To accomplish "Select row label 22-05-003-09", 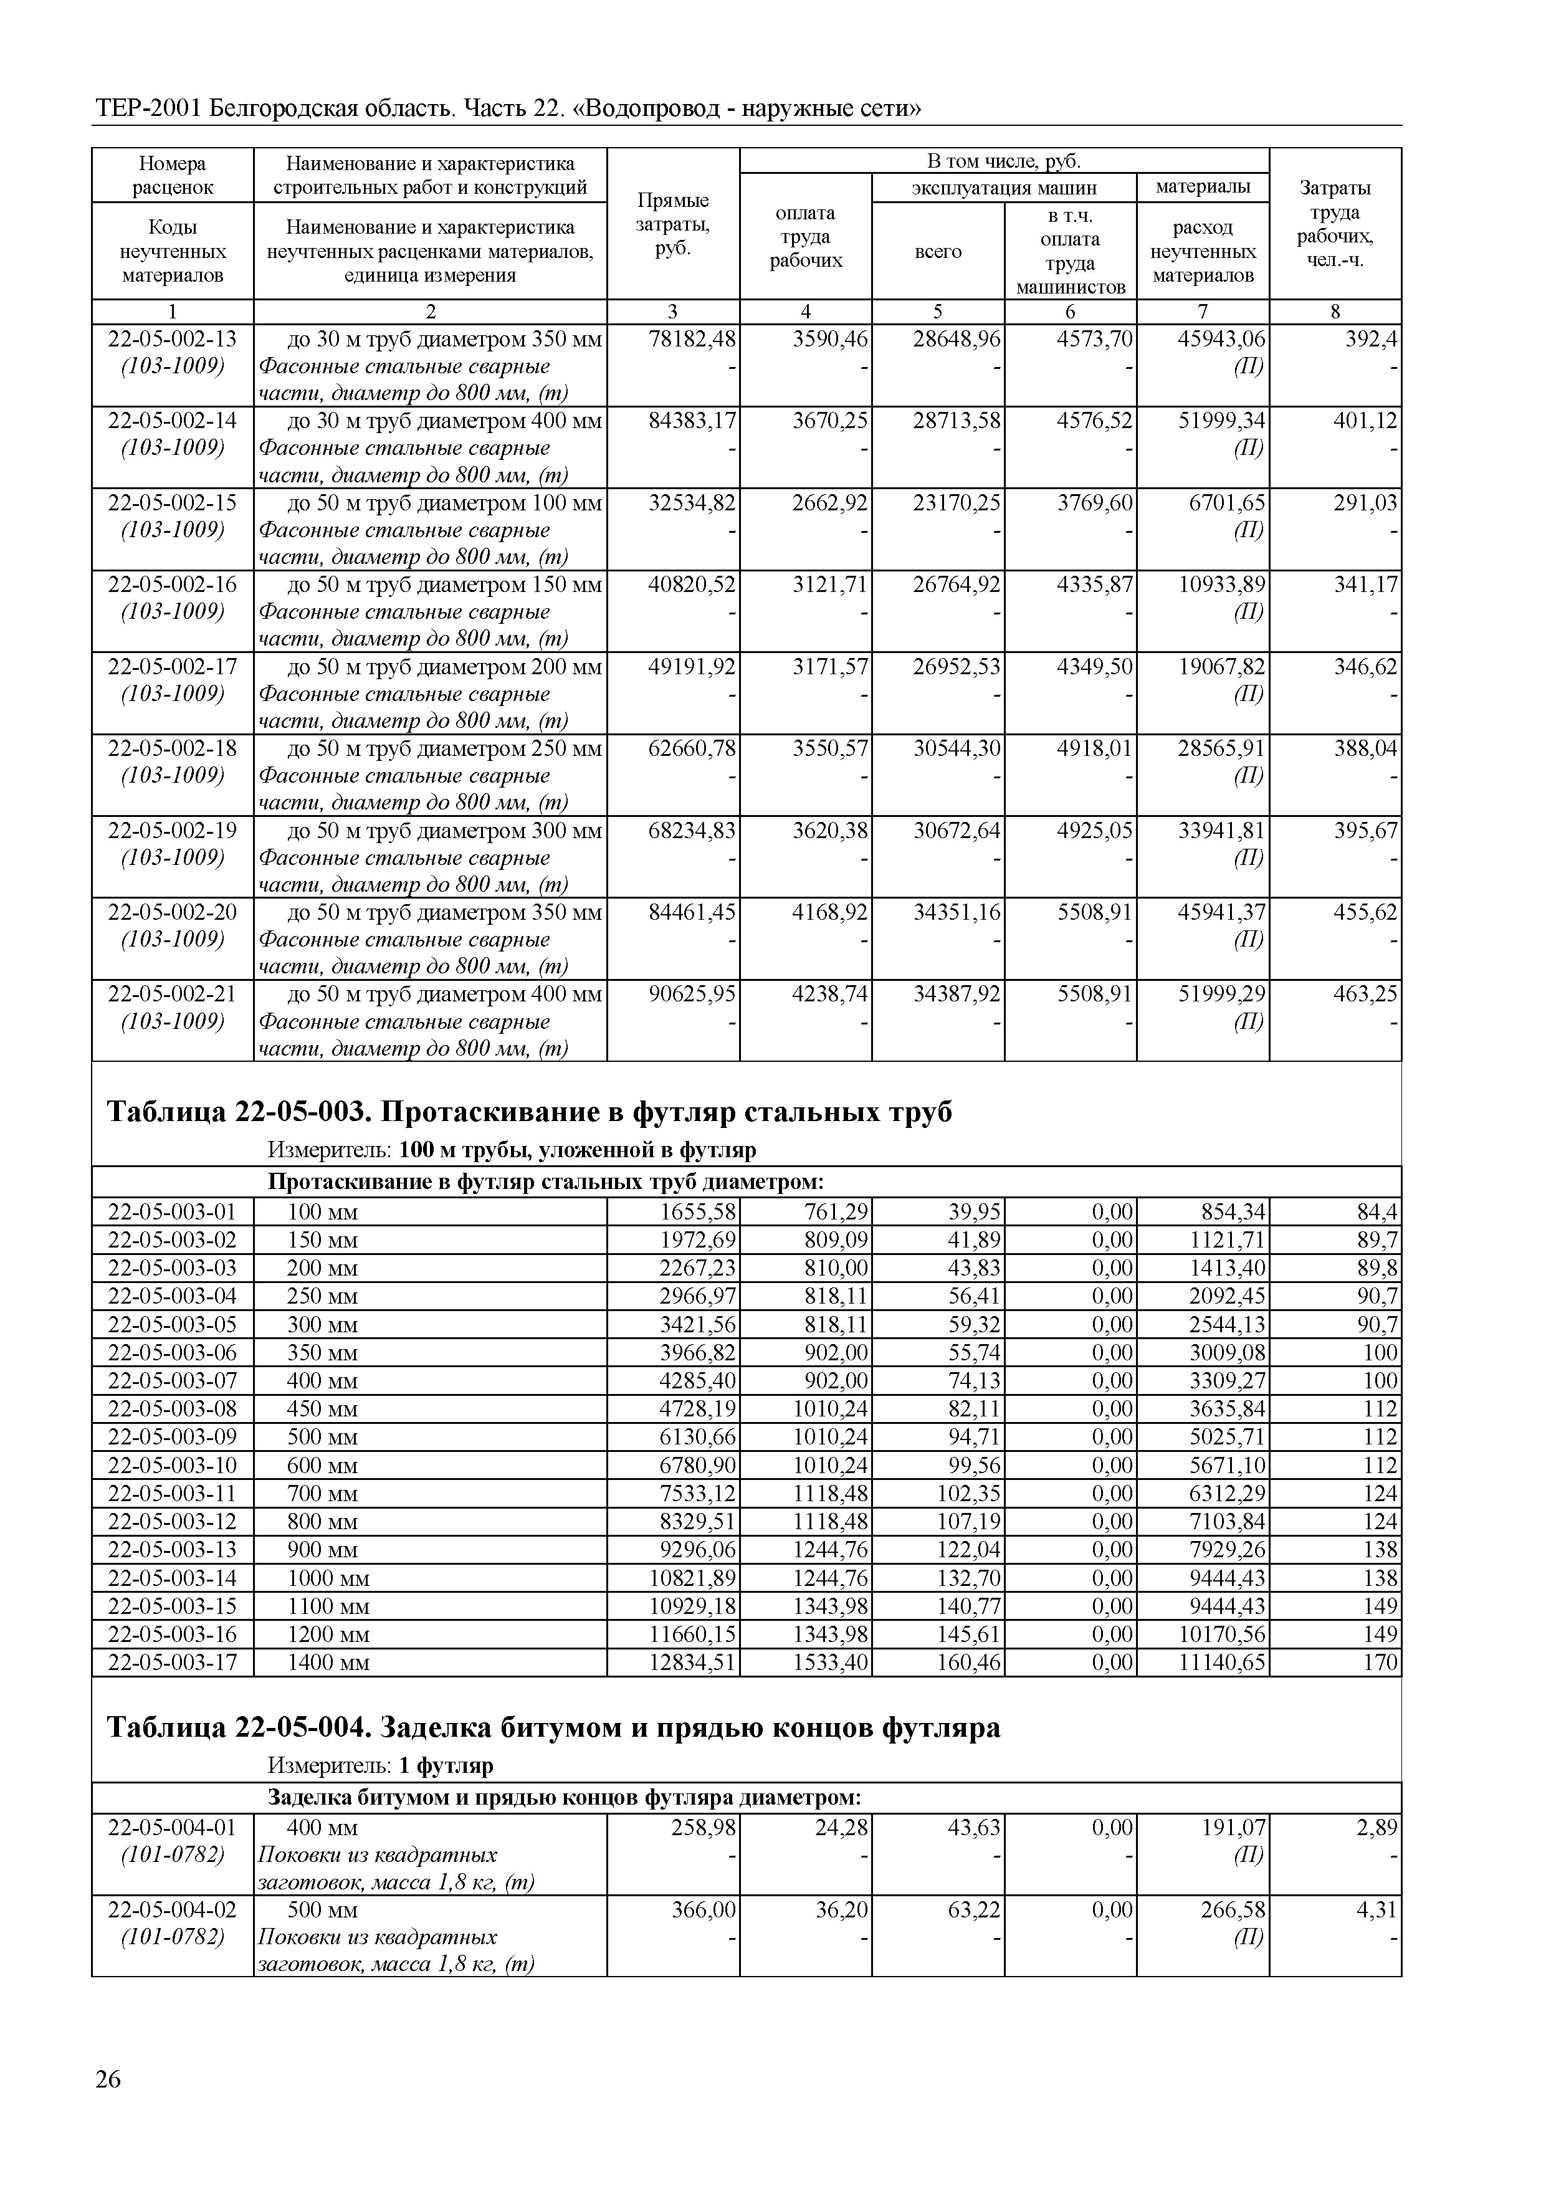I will click(x=173, y=1437).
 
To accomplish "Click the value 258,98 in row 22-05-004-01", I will click(x=705, y=1828).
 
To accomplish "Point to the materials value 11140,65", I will click(x=1227, y=1663).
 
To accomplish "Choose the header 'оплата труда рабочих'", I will click(x=805, y=237).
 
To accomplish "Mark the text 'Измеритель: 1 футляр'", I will click(x=380, y=1766).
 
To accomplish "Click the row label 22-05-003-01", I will click(x=173, y=1212).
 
